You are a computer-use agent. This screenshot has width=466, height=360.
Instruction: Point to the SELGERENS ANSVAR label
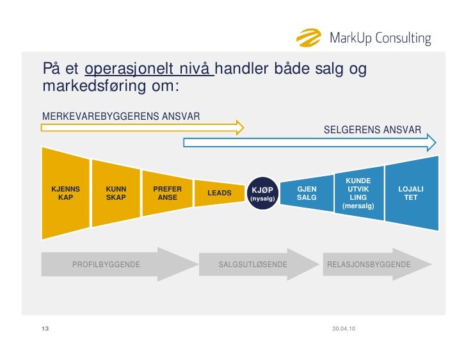point(372,130)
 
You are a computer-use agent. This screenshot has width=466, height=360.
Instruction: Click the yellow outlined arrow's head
point(239,127)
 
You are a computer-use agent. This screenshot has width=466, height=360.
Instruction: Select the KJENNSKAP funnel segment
point(65,193)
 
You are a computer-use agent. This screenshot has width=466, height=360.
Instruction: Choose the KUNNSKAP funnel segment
point(116,193)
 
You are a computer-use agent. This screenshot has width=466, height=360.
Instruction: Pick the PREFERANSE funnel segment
point(167,193)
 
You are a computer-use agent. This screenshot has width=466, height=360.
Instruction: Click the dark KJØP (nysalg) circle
point(262,193)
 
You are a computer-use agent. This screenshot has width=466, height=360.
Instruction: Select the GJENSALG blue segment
point(307,193)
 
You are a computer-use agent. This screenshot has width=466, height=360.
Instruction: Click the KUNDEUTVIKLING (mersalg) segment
point(358,193)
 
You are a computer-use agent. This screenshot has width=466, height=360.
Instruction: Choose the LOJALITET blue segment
point(410,193)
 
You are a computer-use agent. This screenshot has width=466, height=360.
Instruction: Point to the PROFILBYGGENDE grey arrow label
point(106,264)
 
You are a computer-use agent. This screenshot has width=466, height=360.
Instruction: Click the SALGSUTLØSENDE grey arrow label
point(253,264)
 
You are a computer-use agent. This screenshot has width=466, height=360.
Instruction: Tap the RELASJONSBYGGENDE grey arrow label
point(369,264)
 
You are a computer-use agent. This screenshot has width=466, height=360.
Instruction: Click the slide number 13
point(45,329)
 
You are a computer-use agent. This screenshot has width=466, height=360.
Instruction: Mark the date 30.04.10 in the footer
point(344,329)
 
